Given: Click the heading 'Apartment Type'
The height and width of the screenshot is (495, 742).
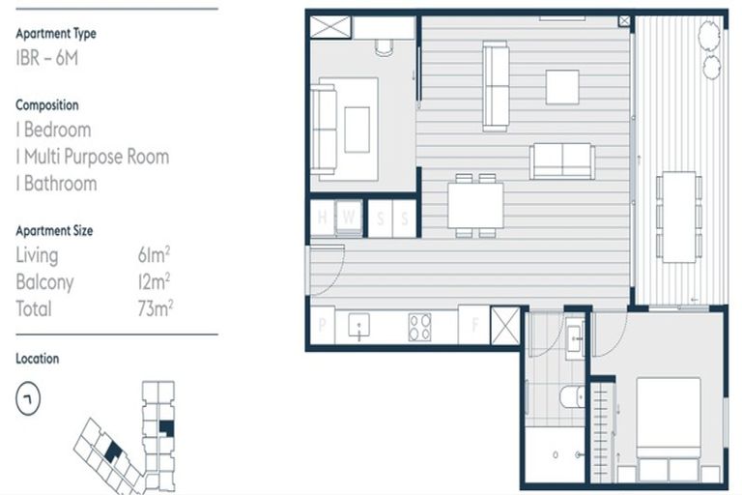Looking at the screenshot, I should (56, 34).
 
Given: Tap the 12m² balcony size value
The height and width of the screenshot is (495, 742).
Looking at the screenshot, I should (155, 282).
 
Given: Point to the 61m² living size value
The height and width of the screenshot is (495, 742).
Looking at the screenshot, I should (155, 255).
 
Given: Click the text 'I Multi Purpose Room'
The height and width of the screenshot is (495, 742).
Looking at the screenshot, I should (92, 157).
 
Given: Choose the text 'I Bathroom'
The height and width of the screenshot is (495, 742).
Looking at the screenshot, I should (56, 184).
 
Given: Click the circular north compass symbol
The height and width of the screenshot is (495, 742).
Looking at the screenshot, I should (28, 396).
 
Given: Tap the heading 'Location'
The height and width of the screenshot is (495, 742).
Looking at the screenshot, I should (38, 359).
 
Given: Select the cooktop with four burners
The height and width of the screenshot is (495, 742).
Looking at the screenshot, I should (420, 327).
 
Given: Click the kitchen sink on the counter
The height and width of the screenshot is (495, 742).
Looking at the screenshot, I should (360, 327).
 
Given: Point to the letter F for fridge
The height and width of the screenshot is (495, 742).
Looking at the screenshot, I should (473, 326).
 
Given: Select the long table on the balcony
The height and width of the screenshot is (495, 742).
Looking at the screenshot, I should (680, 217).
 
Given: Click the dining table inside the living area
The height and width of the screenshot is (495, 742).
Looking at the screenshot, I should (475, 205).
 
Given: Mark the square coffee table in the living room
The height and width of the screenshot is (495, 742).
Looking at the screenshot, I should (561, 87).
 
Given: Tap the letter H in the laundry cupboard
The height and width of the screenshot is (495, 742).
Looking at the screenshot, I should (323, 218).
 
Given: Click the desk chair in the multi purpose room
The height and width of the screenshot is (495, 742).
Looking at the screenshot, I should (384, 46).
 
